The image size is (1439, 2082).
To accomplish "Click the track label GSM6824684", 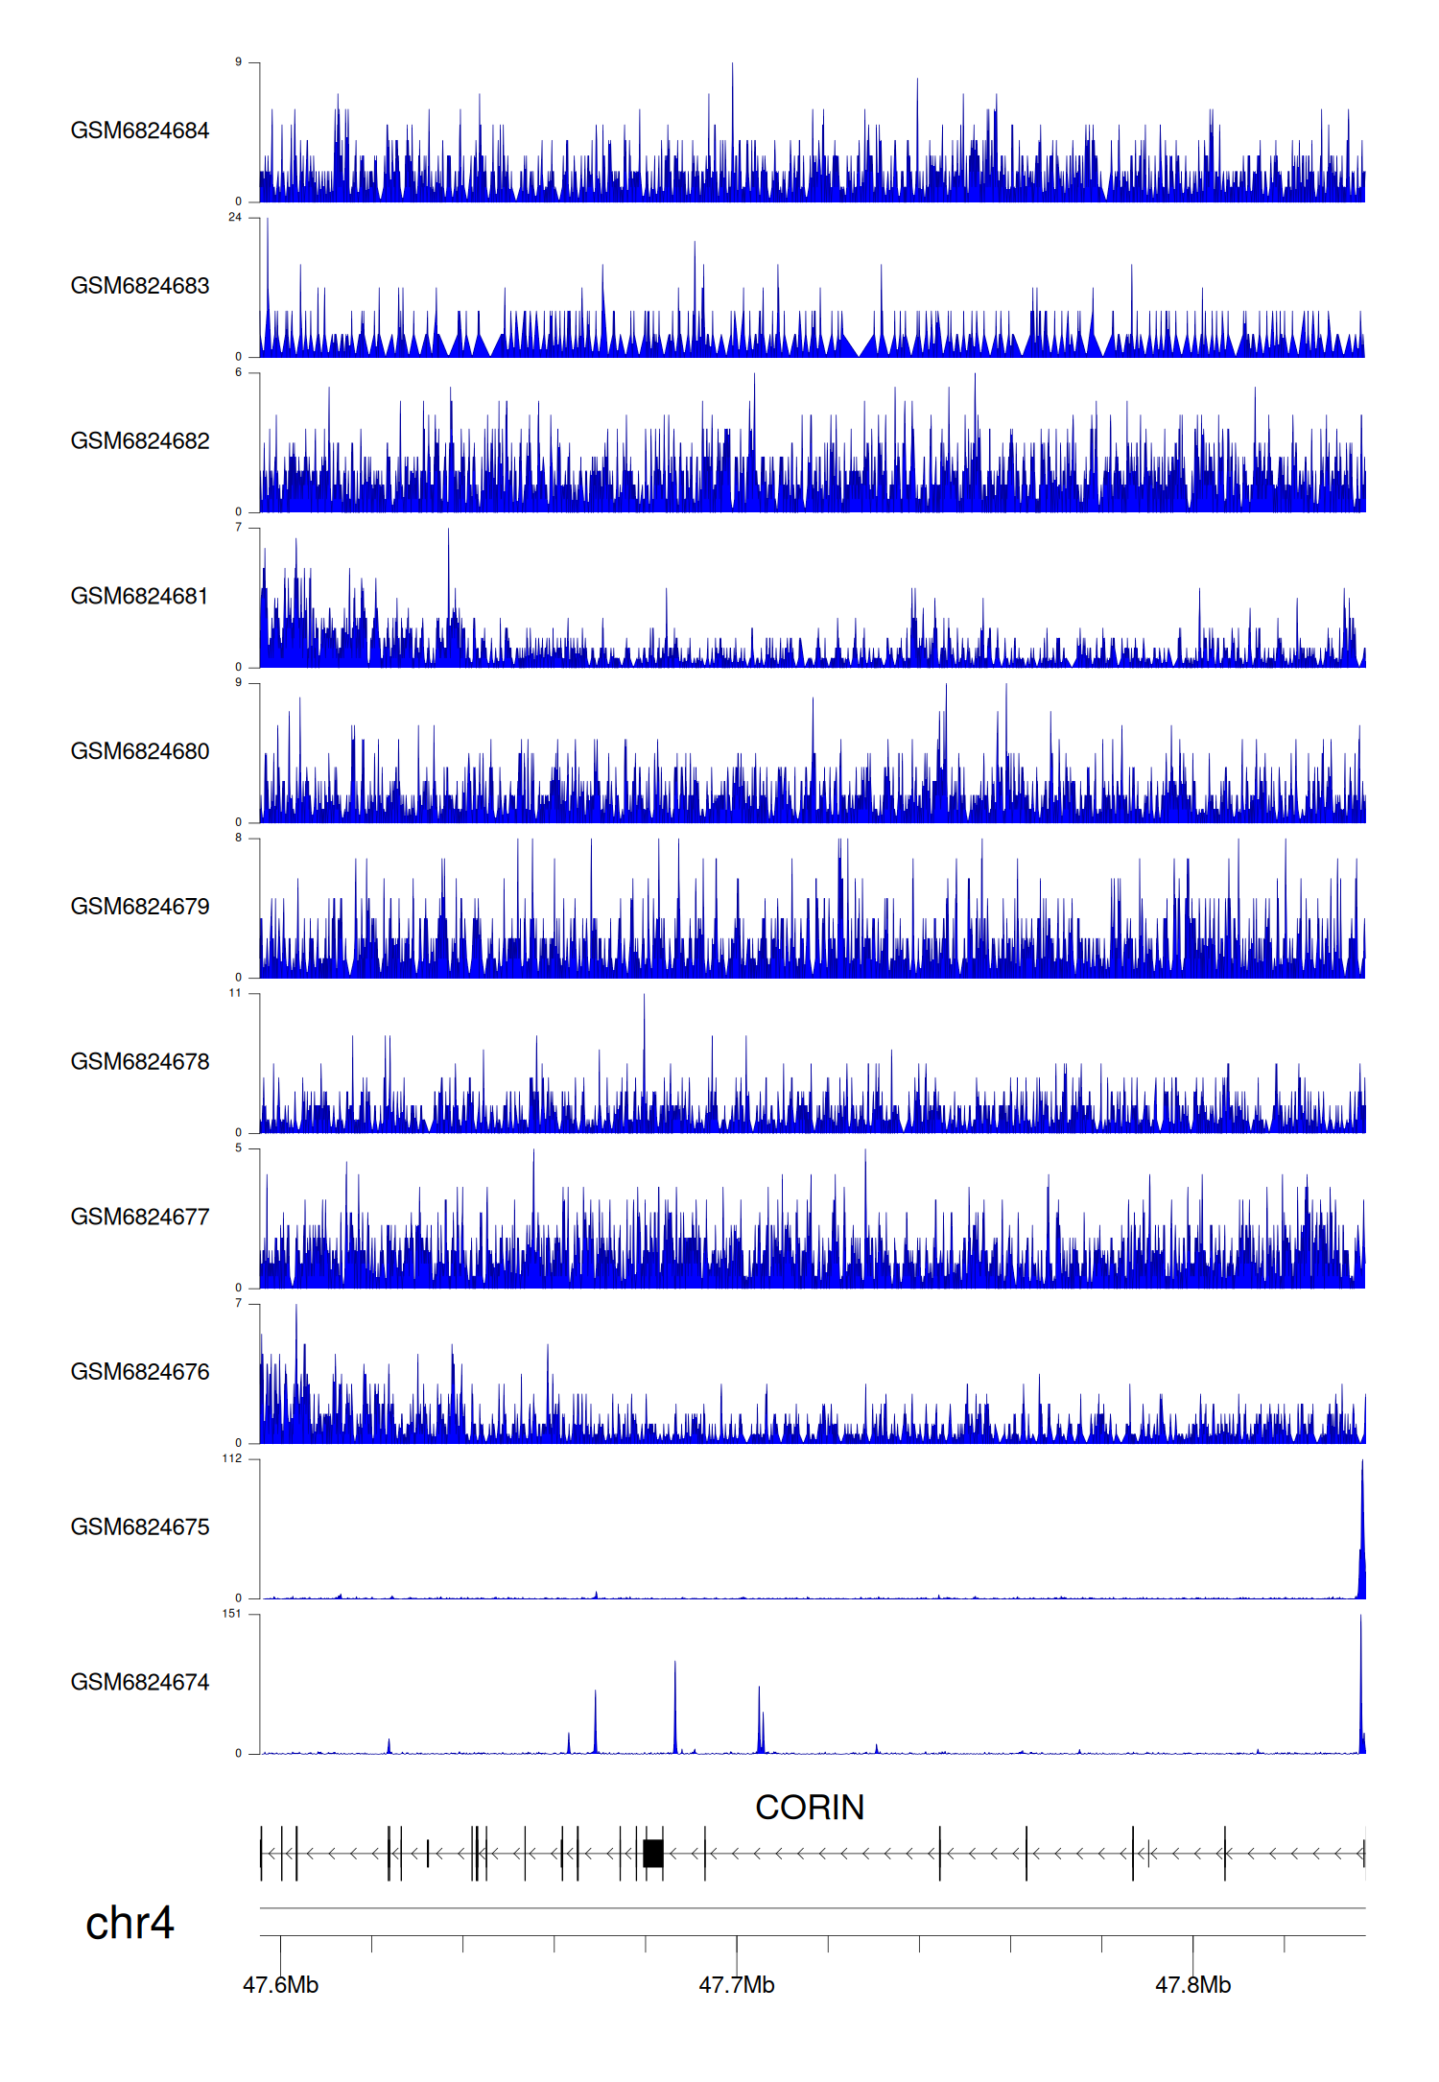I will [139, 130].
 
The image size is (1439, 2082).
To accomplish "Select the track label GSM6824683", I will [139, 286].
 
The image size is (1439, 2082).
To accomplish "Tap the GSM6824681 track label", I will [139, 596].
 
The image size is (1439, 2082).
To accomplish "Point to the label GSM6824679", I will [139, 907].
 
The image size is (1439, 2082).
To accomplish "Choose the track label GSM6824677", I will [139, 1217].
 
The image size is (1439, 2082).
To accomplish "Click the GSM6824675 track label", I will [139, 1527].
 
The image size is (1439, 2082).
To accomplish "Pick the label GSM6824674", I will [139, 1682].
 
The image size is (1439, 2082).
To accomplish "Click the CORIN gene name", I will [809, 1808].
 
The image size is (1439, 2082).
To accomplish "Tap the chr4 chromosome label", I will [130, 1923].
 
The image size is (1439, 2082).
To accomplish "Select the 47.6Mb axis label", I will [280, 1985].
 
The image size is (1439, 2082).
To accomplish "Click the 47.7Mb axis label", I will [736, 1985].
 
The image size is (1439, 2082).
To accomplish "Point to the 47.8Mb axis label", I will [1192, 1985].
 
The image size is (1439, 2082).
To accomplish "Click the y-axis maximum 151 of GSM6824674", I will [231, 1614].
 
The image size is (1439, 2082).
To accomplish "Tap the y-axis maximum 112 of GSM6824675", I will [231, 1458].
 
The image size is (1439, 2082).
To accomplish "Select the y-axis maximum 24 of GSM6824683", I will [234, 218].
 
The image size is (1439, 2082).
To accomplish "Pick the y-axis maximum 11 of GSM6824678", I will [234, 993].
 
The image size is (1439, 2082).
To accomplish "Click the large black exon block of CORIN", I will [653, 1853].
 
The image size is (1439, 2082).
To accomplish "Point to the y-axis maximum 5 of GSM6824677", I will [238, 1148].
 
